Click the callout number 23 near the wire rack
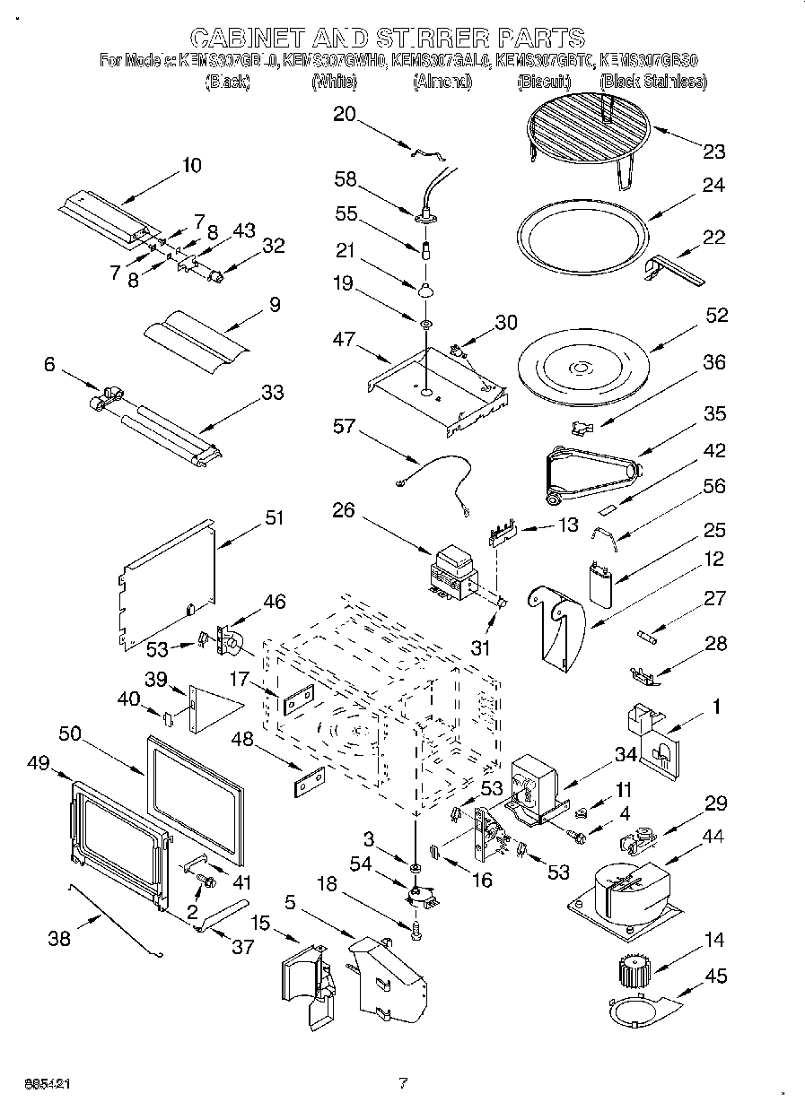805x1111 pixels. pos(714,151)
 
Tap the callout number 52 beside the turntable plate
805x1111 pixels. pos(716,316)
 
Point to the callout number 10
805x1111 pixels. pos(191,165)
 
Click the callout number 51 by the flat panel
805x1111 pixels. pos(274,518)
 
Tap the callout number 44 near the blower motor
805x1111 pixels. pos(713,836)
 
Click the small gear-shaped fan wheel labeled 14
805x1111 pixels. pos(634,971)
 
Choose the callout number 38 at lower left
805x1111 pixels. pos(58,939)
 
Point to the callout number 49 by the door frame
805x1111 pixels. pos(39,763)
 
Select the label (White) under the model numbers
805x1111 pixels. pos(334,82)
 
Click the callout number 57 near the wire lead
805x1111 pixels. pos(344,427)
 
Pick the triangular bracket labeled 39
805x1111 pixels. pos(212,705)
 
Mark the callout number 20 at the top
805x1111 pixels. pos(344,114)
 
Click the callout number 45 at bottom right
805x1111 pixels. pos(716,976)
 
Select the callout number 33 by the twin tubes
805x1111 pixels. pos(272,392)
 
